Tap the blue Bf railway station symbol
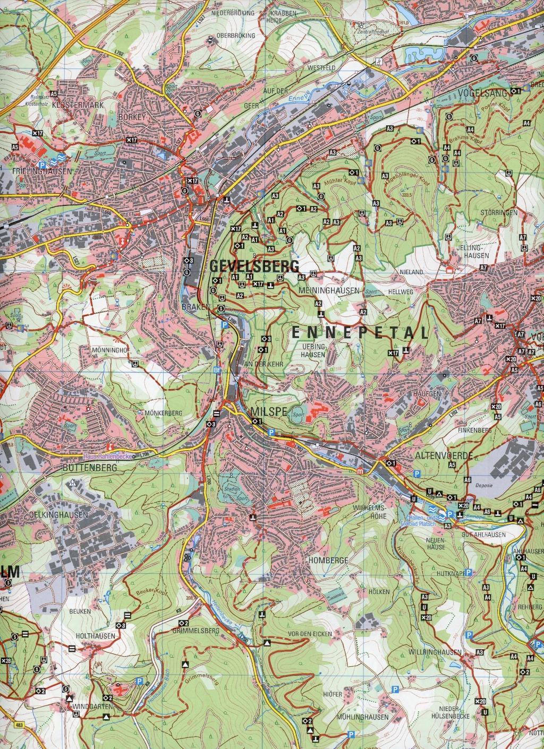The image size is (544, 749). [216, 370]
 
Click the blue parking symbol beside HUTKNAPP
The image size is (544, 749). [469, 572]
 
